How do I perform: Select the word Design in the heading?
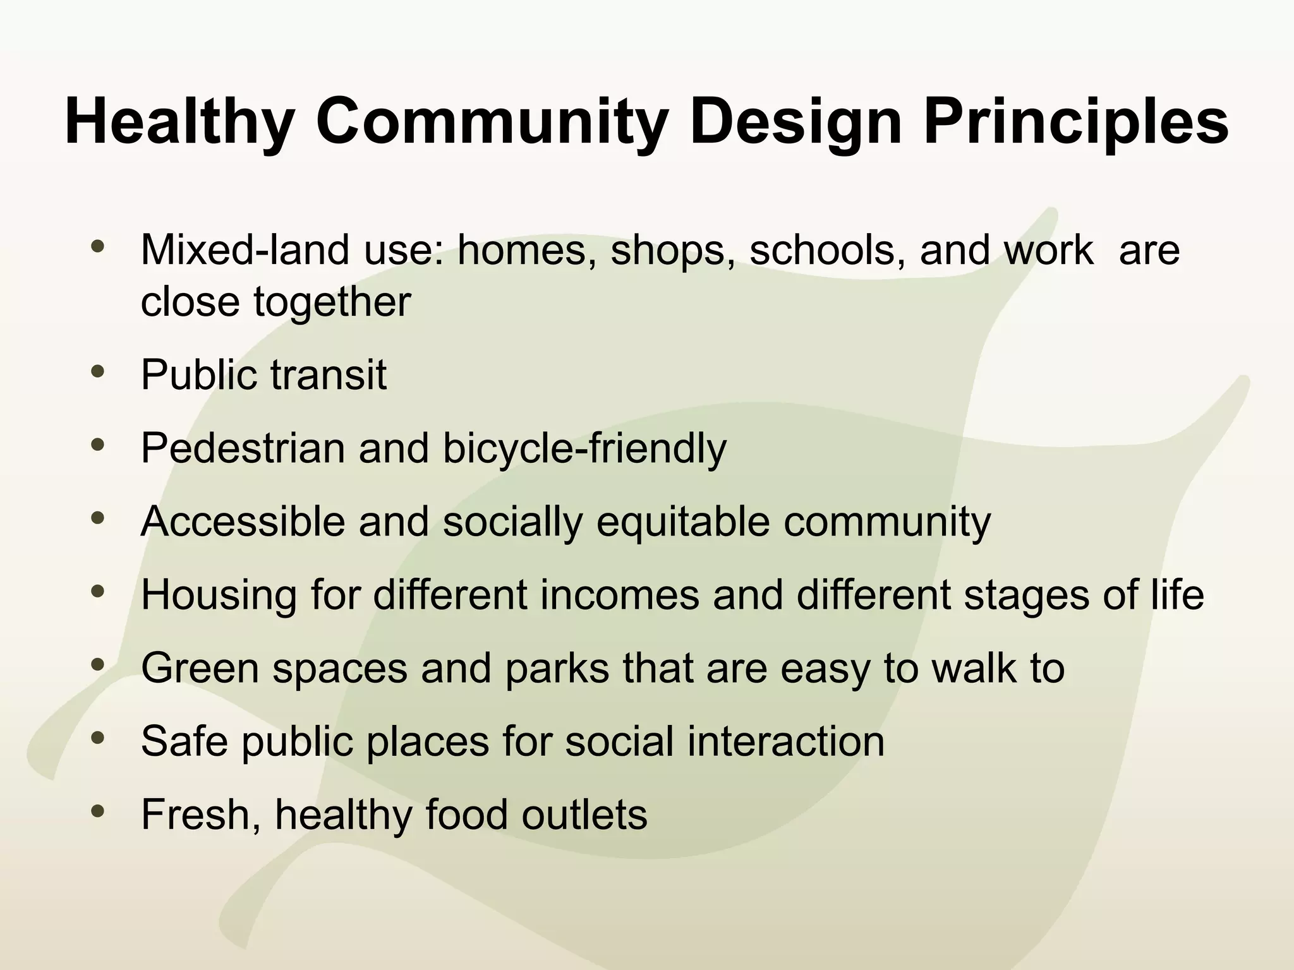point(795,121)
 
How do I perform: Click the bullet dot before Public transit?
point(97,371)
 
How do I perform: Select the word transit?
point(329,374)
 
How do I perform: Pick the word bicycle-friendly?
point(584,449)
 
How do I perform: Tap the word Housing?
point(219,595)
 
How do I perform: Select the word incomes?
point(620,595)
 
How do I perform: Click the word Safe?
point(184,741)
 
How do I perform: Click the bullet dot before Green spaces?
point(97,664)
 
